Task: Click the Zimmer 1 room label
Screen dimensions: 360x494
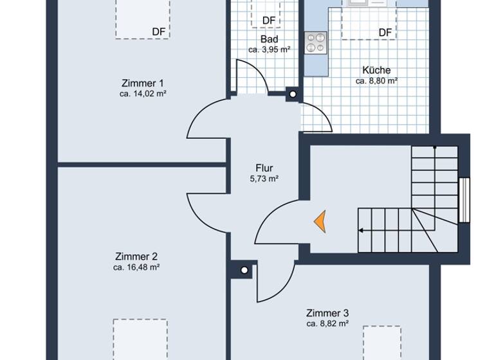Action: click(x=142, y=83)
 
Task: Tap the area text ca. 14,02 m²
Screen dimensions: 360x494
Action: click(x=142, y=94)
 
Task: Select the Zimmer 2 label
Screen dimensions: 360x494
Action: click(x=136, y=256)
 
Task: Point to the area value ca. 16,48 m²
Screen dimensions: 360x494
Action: click(x=136, y=267)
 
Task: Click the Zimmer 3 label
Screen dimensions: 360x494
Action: click(x=327, y=312)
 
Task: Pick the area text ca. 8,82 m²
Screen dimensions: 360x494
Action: click(x=327, y=323)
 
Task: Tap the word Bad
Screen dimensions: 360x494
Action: click(x=269, y=39)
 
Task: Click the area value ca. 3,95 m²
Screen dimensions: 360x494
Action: click(x=269, y=50)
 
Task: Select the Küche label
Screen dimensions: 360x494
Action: click(x=376, y=70)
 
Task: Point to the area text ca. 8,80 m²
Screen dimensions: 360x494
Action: click(x=376, y=81)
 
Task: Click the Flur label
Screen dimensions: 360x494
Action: click(x=264, y=168)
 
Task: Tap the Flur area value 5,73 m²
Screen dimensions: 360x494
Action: click(x=264, y=179)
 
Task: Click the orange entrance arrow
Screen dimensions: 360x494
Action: click(x=320, y=221)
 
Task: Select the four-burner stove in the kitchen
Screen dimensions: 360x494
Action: click(x=316, y=42)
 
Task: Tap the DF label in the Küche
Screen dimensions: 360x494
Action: click(x=385, y=32)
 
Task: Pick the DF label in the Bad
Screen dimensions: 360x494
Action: click(x=269, y=21)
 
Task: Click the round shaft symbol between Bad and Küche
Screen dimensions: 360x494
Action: click(x=293, y=94)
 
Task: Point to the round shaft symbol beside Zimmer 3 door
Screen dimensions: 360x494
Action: click(x=244, y=270)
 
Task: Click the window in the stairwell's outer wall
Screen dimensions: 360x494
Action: click(x=464, y=199)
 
